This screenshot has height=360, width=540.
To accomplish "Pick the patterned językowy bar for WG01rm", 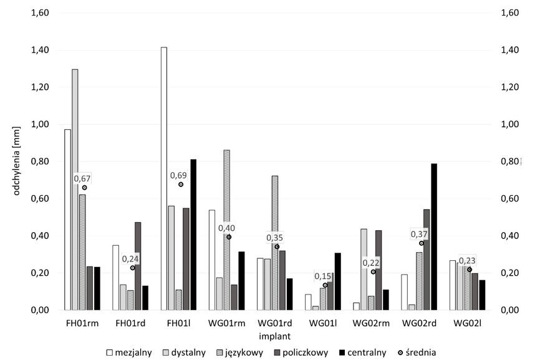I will click(227, 230).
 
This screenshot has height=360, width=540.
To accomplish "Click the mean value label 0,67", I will click(82, 178).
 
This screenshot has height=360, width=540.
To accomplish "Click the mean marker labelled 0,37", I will click(421, 243).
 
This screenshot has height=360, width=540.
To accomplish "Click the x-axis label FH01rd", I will click(130, 324).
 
